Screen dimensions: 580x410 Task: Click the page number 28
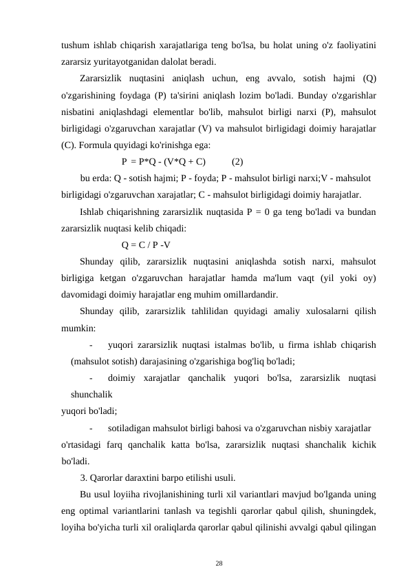tap(219, 563)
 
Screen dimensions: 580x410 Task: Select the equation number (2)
tap(237, 163)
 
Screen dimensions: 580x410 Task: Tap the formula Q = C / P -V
tap(147, 245)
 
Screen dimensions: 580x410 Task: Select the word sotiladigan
tap(132, 428)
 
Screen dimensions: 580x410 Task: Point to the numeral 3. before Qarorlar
tap(84, 477)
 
